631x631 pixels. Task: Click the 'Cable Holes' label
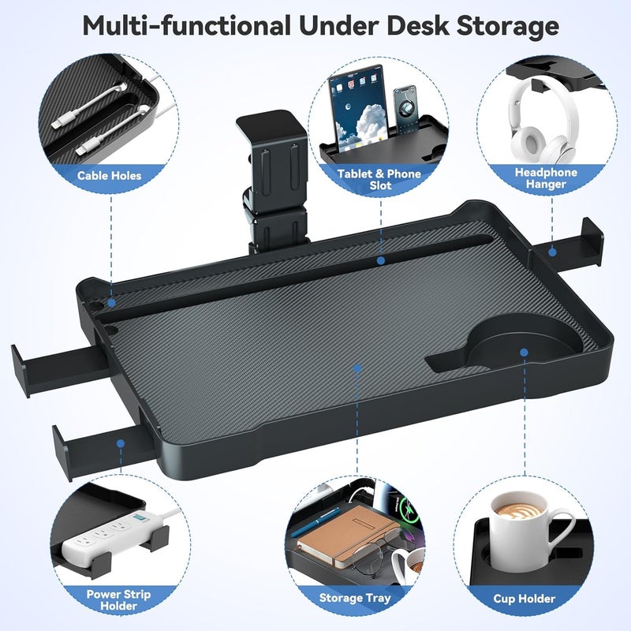[x=110, y=175]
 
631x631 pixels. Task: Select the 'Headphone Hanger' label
[x=546, y=178]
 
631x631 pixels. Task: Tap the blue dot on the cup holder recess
[x=523, y=353]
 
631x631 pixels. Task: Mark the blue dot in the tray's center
[x=357, y=367]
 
